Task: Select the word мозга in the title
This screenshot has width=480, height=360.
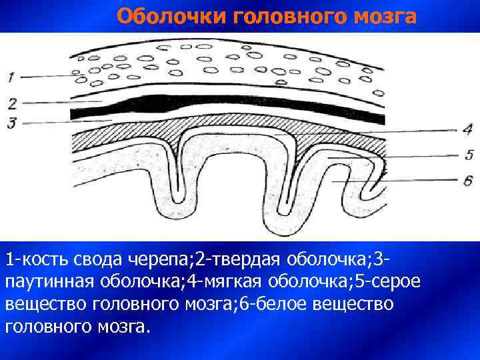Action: pos(383,16)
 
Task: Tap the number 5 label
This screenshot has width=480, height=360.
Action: pos(469,155)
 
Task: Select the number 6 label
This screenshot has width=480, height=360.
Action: pos(468,181)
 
